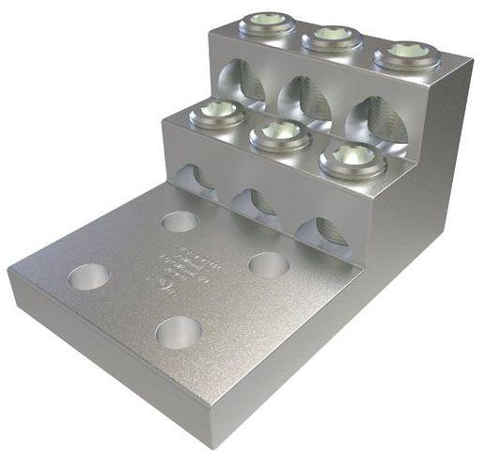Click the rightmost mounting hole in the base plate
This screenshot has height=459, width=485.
[268, 263]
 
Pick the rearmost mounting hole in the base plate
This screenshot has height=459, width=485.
[180, 222]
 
